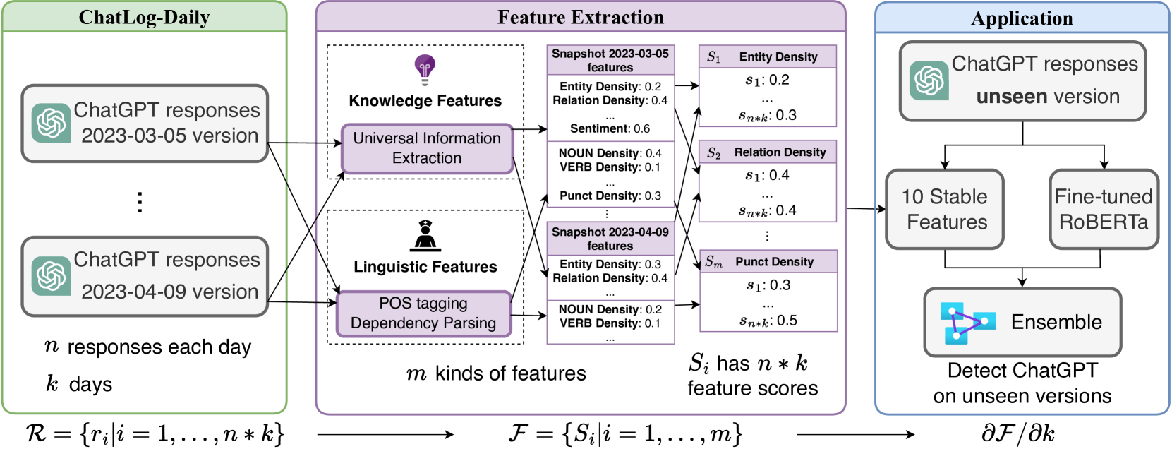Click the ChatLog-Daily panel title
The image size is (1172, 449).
pos(144,17)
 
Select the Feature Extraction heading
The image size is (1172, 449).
pos(580,17)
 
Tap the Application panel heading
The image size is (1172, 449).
pos(1022,18)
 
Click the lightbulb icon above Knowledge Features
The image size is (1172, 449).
pos(425,69)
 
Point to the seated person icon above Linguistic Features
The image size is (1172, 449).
pos(425,236)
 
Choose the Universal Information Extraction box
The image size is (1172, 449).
pos(427,148)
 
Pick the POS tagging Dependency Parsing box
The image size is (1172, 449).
pos(423,313)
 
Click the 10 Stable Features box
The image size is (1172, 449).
pos(945,209)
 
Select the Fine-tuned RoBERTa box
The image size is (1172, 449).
pos(1104,209)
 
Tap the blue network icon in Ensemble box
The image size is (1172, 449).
pos(966,323)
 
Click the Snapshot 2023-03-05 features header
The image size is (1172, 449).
pos(610,61)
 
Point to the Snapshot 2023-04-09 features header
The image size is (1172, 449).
pos(610,239)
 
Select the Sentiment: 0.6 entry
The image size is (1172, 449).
pos(610,128)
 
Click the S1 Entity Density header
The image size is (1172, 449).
pos(768,56)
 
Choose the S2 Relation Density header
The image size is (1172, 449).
pos(768,152)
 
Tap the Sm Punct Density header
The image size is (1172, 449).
pos(768,262)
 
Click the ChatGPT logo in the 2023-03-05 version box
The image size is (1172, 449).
pos(52,123)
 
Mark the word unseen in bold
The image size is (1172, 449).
pos(1010,97)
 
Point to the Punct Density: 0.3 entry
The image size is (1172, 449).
pos(610,196)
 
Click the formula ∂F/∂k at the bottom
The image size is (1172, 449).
pos(1018,433)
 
